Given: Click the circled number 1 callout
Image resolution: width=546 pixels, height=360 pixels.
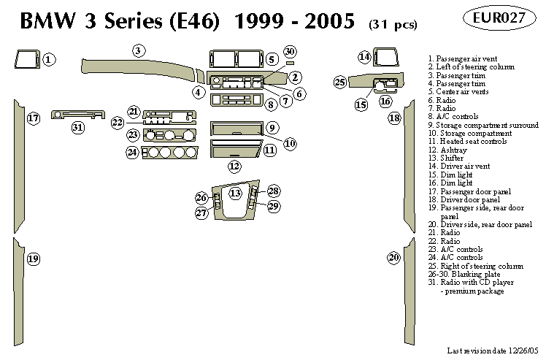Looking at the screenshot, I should pyautogui.click(x=48, y=59).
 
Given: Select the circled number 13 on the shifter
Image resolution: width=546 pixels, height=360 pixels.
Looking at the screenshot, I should pyautogui.click(x=235, y=194).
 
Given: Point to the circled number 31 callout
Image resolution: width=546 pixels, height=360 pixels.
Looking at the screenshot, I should pyautogui.click(x=78, y=128).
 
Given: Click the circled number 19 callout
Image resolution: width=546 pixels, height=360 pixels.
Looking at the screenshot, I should pyautogui.click(x=34, y=258).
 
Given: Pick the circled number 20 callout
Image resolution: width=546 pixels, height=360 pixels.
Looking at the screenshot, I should pyautogui.click(x=394, y=257).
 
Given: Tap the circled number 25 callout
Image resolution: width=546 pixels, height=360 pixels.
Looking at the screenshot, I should pyautogui.click(x=339, y=83).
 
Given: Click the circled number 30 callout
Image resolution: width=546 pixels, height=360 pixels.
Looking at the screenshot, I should pyautogui.click(x=290, y=51).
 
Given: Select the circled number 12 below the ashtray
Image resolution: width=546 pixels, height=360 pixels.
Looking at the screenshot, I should pyautogui.click(x=234, y=166).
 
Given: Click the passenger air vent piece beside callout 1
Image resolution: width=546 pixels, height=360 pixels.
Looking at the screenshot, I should pyautogui.click(x=26, y=58).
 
